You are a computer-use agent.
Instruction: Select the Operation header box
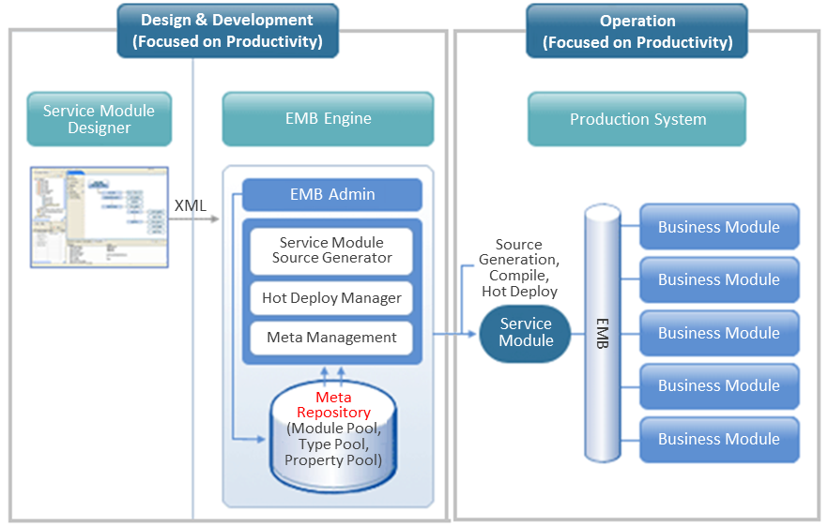pyautogui.click(x=636, y=31)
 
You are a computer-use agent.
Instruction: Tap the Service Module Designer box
pyautogui.click(x=99, y=119)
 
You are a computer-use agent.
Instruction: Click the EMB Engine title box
pyautogui.click(x=328, y=119)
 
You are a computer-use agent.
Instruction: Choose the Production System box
pyautogui.click(x=636, y=119)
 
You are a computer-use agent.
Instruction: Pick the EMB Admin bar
pyautogui.click(x=331, y=195)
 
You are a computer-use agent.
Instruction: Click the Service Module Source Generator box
pyautogui.click(x=331, y=250)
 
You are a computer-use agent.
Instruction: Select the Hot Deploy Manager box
pyautogui.click(x=331, y=298)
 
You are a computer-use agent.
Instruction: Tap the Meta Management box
pyautogui.click(x=331, y=338)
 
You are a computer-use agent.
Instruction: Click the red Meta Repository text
pyautogui.click(x=333, y=405)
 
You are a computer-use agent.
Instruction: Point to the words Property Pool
pyautogui.click(x=333, y=460)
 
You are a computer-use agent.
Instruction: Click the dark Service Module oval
pyautogui.click(x=526, y=332)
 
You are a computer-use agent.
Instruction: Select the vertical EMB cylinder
pyautogui.click(x=603, y=333)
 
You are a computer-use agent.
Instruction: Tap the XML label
pyautogui.click(x=191, y=204)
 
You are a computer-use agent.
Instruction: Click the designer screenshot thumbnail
pyautogui.click(x=98, y=218)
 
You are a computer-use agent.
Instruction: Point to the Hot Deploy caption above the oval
pyautogui.click(x=519, y=292)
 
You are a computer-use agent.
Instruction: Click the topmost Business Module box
pyautogui.click(x=718, y=227)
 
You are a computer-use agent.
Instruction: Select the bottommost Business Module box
pyautogui.click(x=718, y=439)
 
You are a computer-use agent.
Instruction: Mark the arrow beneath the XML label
pyautogui.click(x=192, y=219)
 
